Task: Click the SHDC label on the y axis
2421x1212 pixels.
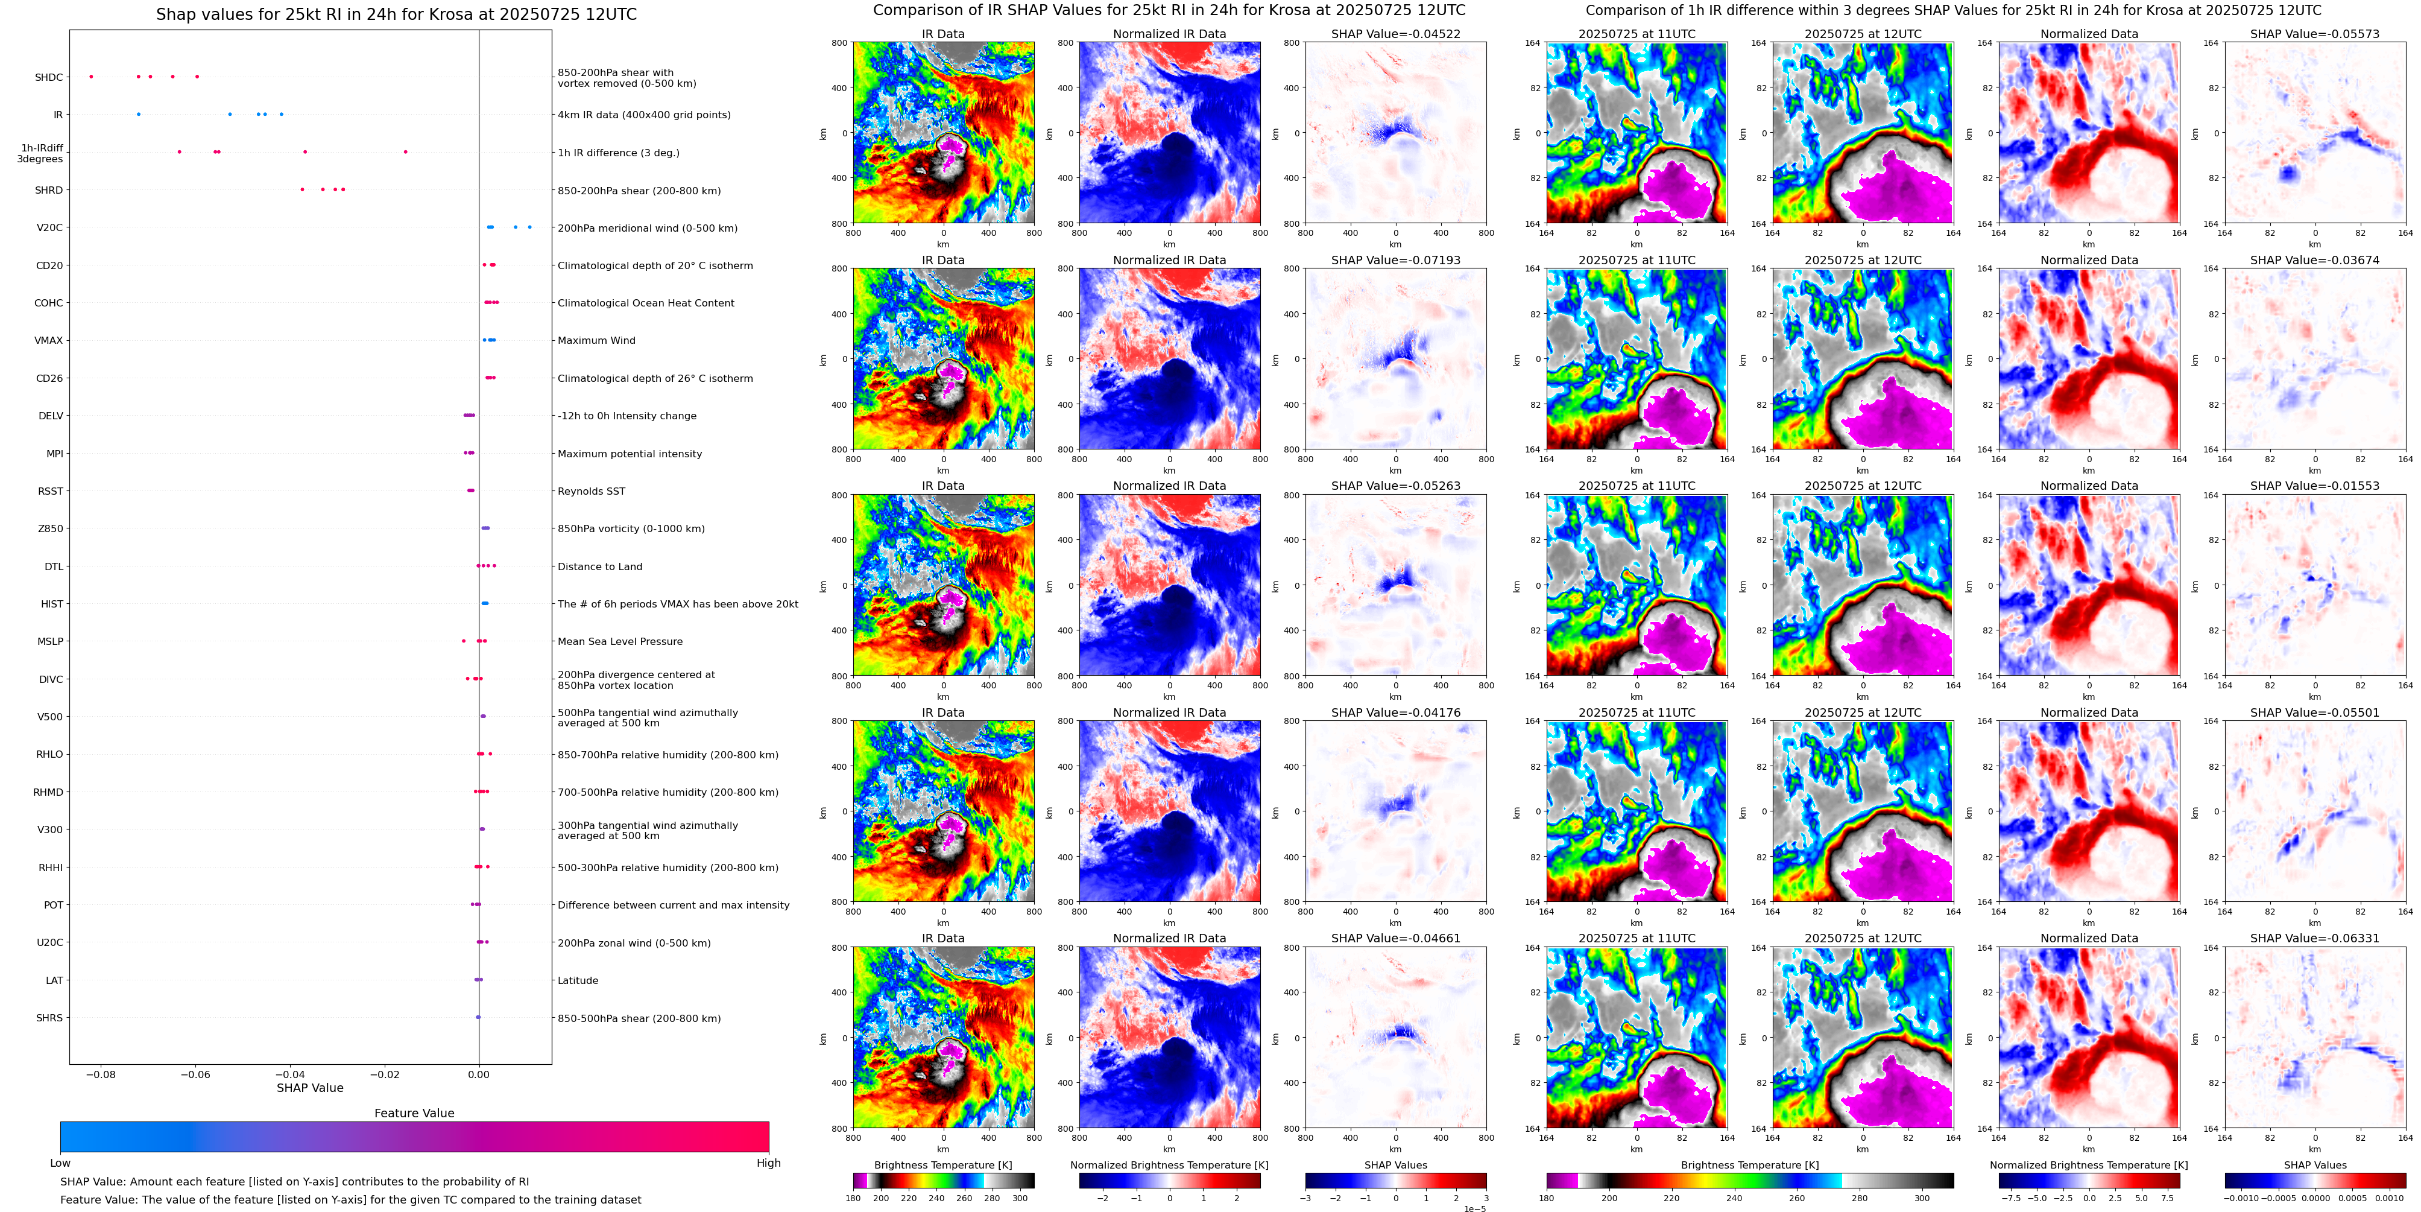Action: (x=49, y=77)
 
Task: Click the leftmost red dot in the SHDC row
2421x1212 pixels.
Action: (x=91, y=76)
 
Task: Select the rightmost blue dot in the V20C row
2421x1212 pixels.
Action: (x=530, y=227)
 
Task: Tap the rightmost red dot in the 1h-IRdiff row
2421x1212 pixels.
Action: (x=406, y=151)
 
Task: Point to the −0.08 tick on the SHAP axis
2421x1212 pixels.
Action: (x=101, y=1074)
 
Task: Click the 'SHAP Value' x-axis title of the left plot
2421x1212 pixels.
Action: (x=309, y=1088)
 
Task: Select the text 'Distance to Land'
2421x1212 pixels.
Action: (x=599, y=566)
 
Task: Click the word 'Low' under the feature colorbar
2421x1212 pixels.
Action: (x=60, y=1163)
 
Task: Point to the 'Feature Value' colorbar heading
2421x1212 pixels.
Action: (x=414, y=1113)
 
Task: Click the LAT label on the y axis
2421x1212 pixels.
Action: (x=54, y=980)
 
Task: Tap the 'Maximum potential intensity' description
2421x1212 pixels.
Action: (x=630, y=453)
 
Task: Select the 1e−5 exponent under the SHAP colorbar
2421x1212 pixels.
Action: (x=1476, y=1208)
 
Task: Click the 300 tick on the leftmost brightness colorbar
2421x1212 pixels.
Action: (x=1020, y=1198)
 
